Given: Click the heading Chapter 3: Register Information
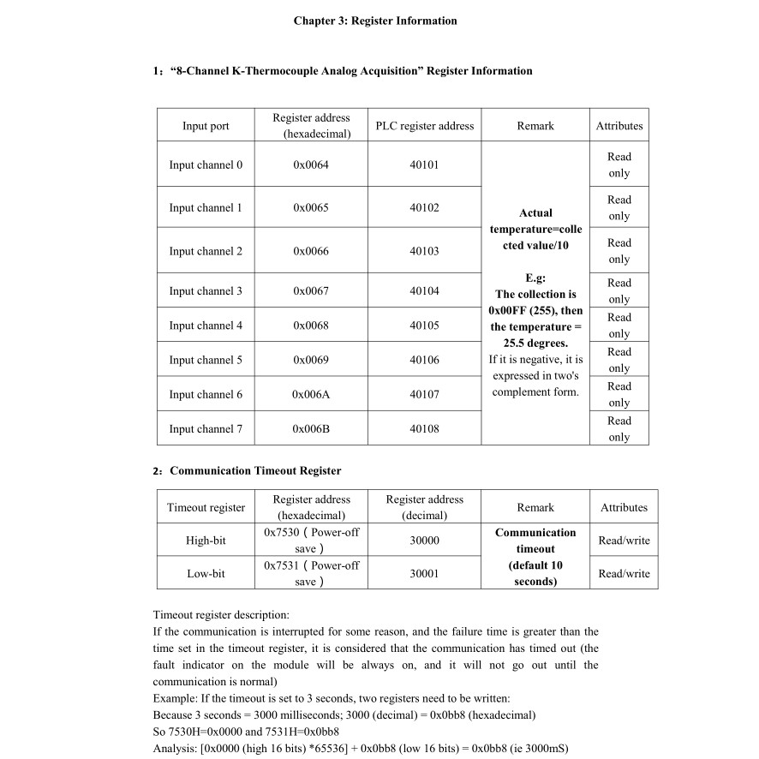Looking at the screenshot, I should (x=375, y=21).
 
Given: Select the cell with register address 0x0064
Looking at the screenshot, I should (x=310, y=165).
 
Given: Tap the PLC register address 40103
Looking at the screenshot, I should (x=424, y=251).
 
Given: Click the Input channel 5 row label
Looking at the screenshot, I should (x=206, y=360).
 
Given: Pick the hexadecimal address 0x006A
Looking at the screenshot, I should (x=310, y=394).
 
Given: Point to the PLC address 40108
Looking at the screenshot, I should (x=424, y=428).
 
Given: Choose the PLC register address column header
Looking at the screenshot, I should (x=424, y=126).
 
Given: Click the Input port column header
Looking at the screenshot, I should (x=206, y=126).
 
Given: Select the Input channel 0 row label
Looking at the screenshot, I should (x=206, y=165).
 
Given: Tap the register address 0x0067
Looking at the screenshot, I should (x=310, y=291).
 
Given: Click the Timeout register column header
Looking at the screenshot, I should (x=206, y=507).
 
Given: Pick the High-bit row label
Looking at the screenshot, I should (x=206, y=541).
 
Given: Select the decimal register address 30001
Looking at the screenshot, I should (x=424, y=573).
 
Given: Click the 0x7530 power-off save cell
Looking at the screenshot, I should (x=311, y=541).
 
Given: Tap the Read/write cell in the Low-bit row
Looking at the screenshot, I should (x=624, y=573).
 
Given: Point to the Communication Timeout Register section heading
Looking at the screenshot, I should (x=255, y=470).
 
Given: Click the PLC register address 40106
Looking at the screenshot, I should (x=424, y=360).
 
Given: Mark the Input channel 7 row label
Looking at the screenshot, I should (x=206, y=428).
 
